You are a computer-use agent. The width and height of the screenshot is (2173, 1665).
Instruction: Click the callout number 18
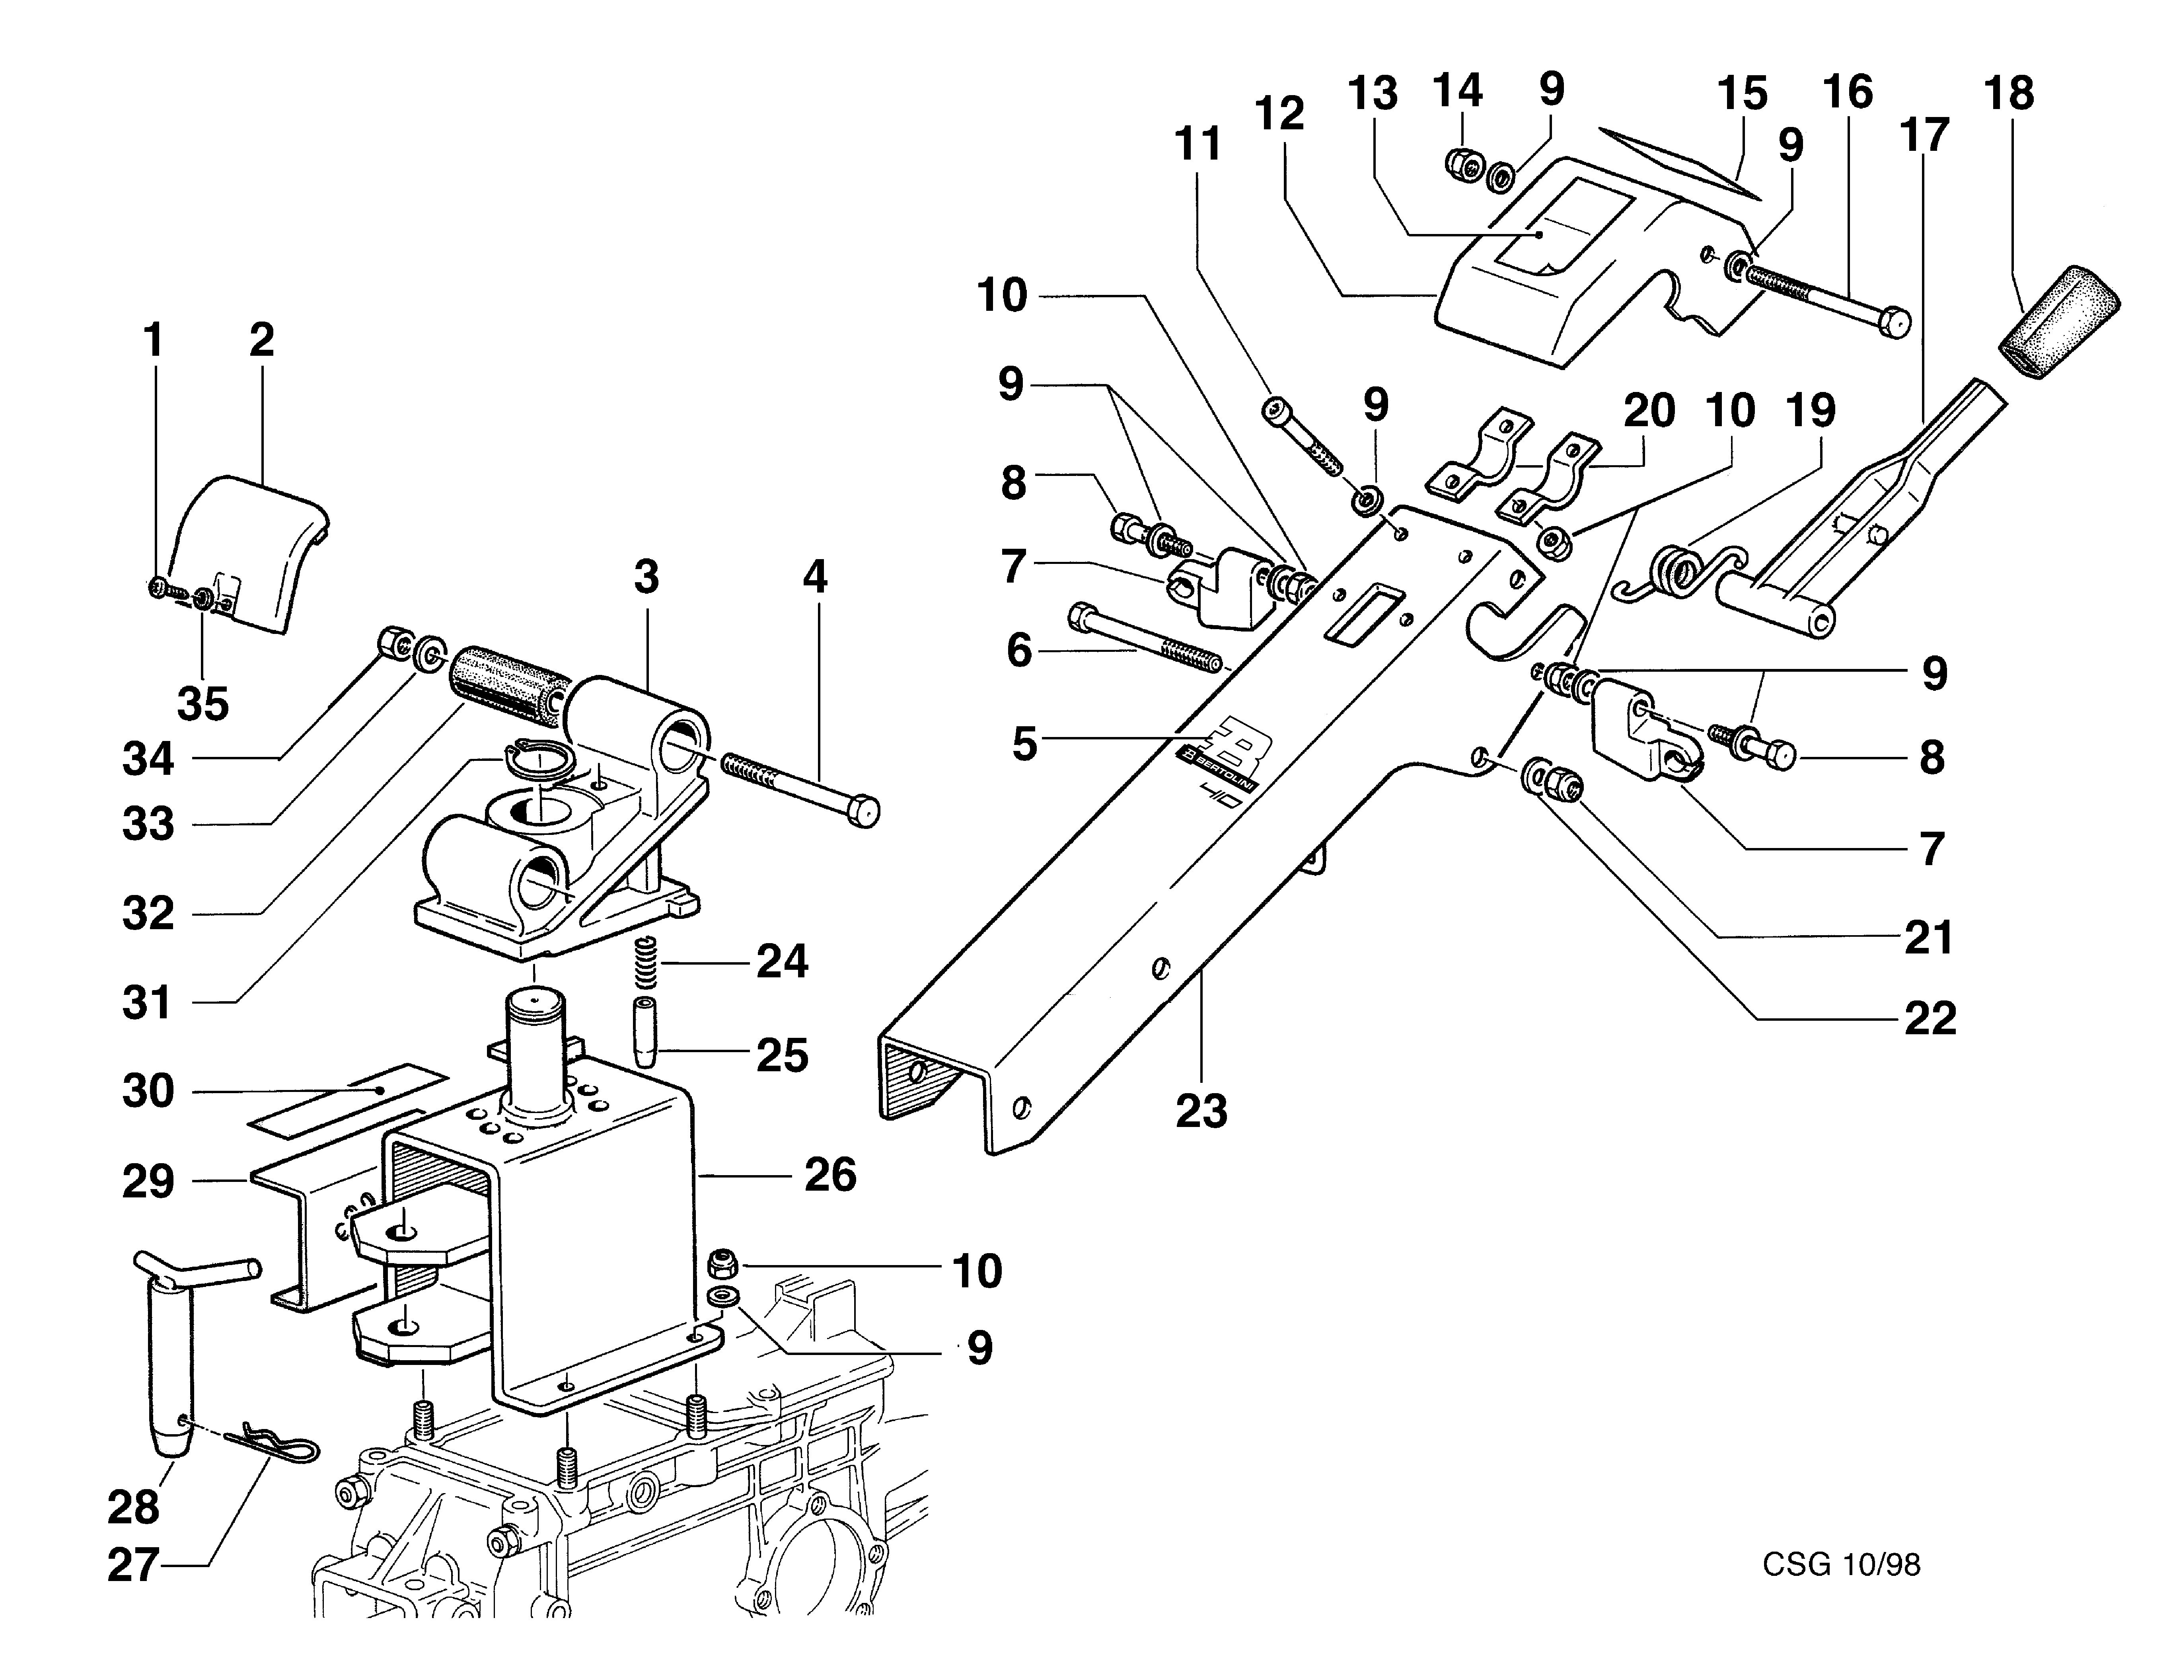click(x=2009, y=94)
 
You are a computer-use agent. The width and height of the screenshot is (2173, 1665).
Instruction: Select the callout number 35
click(x=203, y=705)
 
